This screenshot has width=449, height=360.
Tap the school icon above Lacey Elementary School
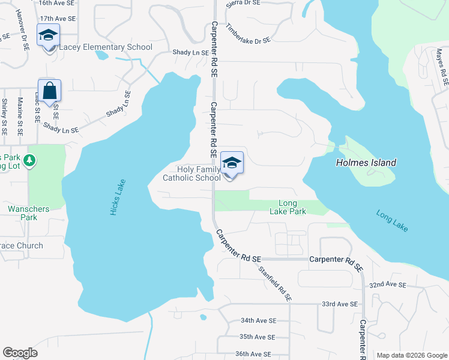(x=48, y=36)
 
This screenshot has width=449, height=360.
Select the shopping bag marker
(x=50, y=91)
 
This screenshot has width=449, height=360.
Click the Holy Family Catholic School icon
(x=232, y=163)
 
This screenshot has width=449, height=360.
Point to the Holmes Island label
(x=366, y=163)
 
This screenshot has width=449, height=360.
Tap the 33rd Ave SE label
(x=340, y=304)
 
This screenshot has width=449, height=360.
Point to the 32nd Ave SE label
(x=388, y=284)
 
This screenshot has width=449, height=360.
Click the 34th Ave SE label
(x=258, y=321)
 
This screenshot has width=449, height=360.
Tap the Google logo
(x=20, y=353)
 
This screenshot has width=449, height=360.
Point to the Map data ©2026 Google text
(x=411, y=355)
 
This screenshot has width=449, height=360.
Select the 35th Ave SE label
(x=257, y=337)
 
